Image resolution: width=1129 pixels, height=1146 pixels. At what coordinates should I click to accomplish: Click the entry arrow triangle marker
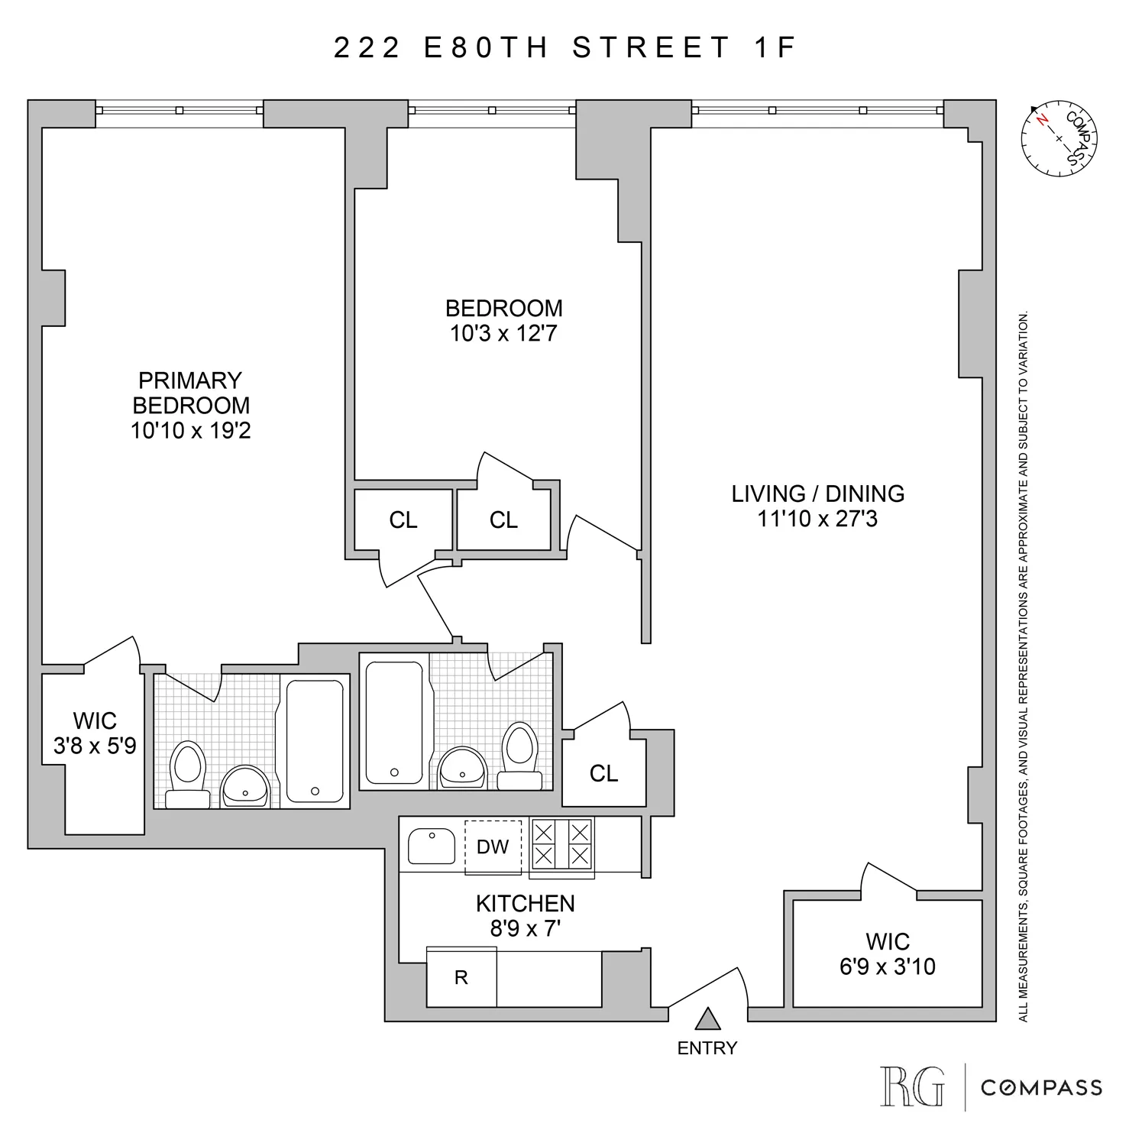(708, 1019)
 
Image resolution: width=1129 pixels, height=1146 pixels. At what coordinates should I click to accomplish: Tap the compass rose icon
(1059, 138)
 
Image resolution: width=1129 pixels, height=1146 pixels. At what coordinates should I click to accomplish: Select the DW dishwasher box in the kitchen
(493, 847)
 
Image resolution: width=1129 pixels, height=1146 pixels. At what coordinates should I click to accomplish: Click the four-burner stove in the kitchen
(561, 844)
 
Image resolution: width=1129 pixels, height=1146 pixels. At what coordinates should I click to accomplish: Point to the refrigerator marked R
(461, 978)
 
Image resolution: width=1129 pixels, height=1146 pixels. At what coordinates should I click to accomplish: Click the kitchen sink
(432, 846)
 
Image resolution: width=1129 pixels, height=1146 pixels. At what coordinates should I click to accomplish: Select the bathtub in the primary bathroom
(314, 740)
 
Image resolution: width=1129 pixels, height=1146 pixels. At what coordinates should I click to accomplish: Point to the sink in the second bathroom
(462, 768)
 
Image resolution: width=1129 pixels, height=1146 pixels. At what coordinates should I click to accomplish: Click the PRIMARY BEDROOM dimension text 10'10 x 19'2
(190, 431)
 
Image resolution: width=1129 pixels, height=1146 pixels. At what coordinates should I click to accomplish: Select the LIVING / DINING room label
(817, 494)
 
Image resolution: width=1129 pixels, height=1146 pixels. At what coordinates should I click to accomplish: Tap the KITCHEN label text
(525, 904)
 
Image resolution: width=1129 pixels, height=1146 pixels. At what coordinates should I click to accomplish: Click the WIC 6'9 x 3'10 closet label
(887, 954)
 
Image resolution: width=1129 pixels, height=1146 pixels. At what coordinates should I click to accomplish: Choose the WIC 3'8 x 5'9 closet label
(95, 733)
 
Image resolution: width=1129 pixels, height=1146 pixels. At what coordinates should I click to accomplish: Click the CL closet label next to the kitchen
(603, 774)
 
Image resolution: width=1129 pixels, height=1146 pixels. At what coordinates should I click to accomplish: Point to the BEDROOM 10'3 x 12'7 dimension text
(503, 334)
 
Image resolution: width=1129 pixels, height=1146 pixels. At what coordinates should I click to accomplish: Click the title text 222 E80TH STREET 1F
(564, 47)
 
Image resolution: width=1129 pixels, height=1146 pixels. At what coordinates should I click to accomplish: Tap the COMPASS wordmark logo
(1041, 1087)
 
